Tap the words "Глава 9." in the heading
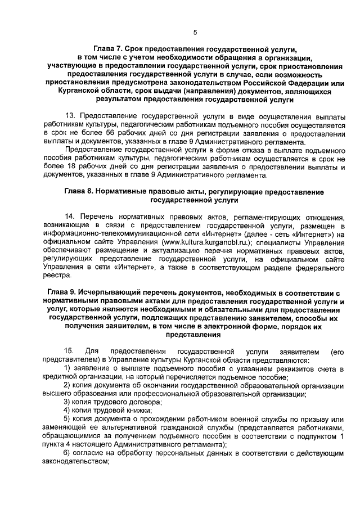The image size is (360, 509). pos(66,293)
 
